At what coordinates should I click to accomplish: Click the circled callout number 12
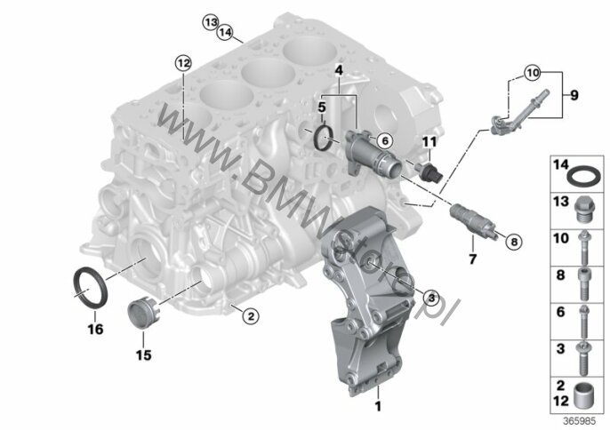click(x=183, y=62)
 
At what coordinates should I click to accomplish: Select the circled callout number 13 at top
click(x=211, y=22)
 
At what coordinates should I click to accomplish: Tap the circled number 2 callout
click(x=251, y=316)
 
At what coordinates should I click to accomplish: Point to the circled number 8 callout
click(x=514, y=243)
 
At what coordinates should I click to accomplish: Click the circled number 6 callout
click(x=385, y=140)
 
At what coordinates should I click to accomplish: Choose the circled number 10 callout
click(x=533, y=73)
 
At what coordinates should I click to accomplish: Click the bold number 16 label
click(x=95, y=330)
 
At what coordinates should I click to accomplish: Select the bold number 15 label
click(x=143, y=355)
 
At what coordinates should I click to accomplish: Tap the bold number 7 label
click(x=473, y=259)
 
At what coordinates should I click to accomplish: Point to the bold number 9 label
click(x=574, y=95)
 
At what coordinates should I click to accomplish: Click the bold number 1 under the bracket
click(x=378, y=406)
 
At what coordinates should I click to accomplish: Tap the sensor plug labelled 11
click(x=429, y=172)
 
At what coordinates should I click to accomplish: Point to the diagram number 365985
click(x=579, y=421)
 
